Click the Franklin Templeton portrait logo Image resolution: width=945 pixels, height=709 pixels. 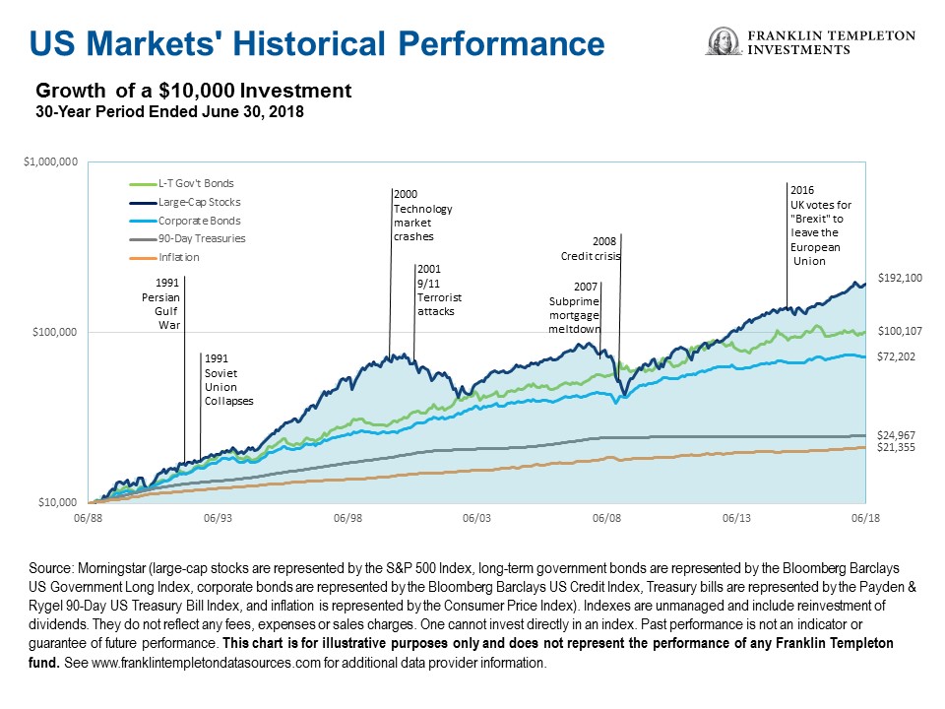point(724,42)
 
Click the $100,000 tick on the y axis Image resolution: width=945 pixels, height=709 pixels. point(55,332)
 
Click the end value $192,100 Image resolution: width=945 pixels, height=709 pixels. point(899,279)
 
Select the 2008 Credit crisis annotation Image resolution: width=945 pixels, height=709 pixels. point(585,248)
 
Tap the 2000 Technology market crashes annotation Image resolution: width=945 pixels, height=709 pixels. point(422,216)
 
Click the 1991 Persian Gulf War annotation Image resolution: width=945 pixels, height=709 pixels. point(159,304)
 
